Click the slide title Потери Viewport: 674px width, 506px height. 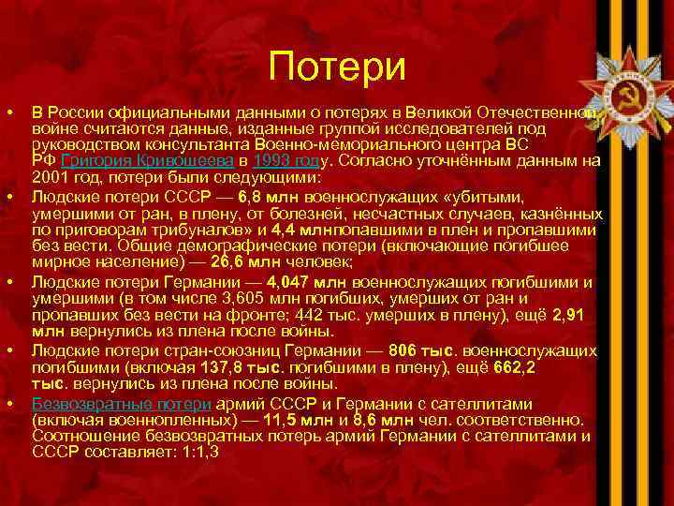pos(336,67)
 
